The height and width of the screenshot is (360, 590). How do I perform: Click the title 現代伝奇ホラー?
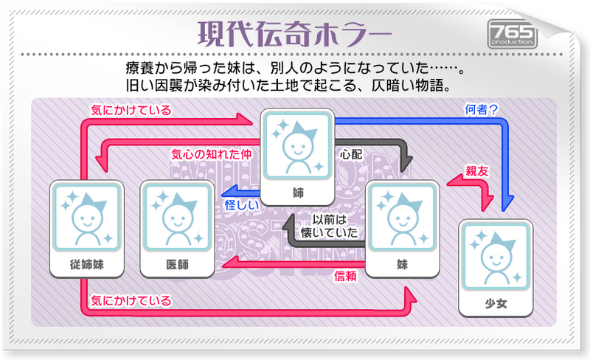[295, 34]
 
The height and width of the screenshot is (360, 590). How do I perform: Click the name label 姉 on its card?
[298, 193]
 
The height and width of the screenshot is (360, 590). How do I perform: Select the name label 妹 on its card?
[402, 264]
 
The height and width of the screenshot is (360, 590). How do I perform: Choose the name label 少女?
[494, 302]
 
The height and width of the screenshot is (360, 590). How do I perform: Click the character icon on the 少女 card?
[494, 255]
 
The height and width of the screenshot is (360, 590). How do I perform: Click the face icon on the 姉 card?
[298, 144]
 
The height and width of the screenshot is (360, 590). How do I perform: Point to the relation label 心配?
[350, 156]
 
